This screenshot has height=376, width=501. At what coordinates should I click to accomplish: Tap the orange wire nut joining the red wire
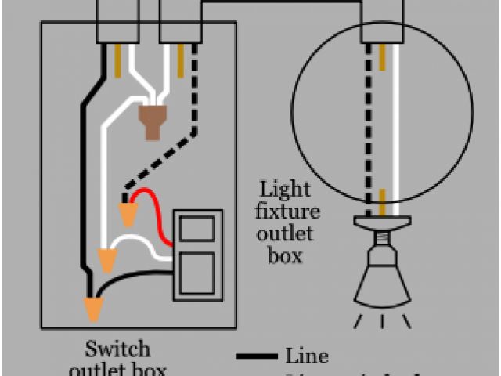click(x=128, y=212)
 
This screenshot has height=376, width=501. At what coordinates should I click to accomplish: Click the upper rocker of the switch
click(x=197, y=230)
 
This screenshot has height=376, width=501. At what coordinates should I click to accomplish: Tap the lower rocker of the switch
click(x=197, y=274)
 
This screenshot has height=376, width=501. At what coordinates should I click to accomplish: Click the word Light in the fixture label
click(x=285, y=190)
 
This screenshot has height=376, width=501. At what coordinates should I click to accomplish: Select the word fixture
click(x=290, y=211)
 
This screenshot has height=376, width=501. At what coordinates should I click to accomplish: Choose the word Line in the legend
click(x=307, y=356)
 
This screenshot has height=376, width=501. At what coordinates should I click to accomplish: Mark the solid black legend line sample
click(x=257, y=357)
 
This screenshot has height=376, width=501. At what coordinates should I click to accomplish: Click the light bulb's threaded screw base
click(x=383, y=239)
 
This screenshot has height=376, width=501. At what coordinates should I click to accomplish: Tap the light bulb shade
click(x=383, y=282)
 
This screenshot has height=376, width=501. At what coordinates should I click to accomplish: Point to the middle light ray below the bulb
click(x=383, y=321)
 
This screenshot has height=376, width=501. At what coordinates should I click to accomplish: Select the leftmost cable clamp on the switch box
click(x=117, y=20)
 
